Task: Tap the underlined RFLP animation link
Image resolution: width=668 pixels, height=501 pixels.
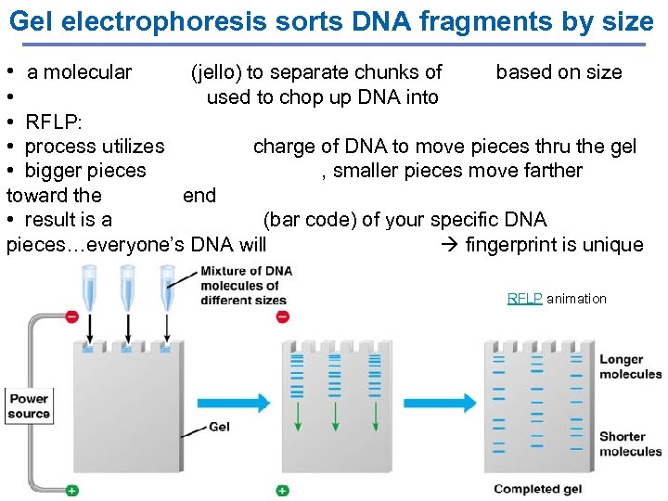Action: tap(525, 299)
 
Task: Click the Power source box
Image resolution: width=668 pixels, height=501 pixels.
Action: tap(30, 406)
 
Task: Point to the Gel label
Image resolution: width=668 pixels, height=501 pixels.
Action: tap(220, 427)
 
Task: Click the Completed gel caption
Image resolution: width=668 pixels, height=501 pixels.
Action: tap(538, 489)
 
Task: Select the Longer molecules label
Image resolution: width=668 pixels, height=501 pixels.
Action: tap(630, 366)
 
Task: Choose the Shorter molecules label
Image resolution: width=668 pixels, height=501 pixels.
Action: tap(630, 443)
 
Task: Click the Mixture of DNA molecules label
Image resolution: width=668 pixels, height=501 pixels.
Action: tap(246, 285)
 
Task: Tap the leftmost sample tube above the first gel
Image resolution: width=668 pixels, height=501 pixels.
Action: tap(89, 288)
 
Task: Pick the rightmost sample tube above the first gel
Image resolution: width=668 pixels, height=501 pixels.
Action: tap(167, 288)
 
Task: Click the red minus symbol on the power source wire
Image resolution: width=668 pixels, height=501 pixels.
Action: tap(72, 316)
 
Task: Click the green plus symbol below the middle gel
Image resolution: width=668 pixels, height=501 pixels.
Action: tap(282, 490)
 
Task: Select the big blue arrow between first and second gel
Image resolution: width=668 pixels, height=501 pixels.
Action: tap(232, 404)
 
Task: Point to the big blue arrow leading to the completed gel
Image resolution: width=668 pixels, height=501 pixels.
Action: tap(440, 404)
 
